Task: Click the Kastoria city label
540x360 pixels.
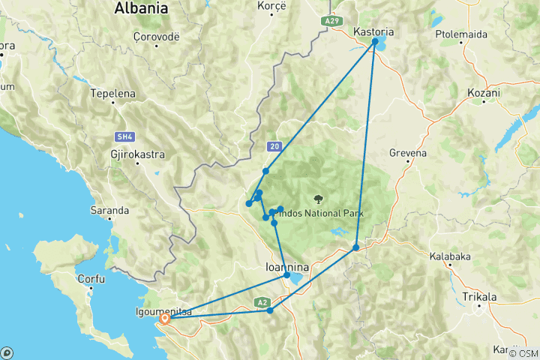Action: (x=373, y=31)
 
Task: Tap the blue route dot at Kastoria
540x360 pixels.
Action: (x=375, y=43)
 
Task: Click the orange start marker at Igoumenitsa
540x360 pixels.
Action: (x=164, y=318)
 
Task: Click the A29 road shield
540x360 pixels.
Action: (x=334, y=21)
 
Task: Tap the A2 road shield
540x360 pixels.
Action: (x=261, y=302)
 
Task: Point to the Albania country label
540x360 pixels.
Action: (x=140, y=9)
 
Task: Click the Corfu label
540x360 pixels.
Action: (x=91, y=278)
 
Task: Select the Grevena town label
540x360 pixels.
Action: (x=408, y=153)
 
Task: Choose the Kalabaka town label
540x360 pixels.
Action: (x=450, y=256)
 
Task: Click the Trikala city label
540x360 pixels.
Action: (x=480, y=297)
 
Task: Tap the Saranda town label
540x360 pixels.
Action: (x=110, y=211)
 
